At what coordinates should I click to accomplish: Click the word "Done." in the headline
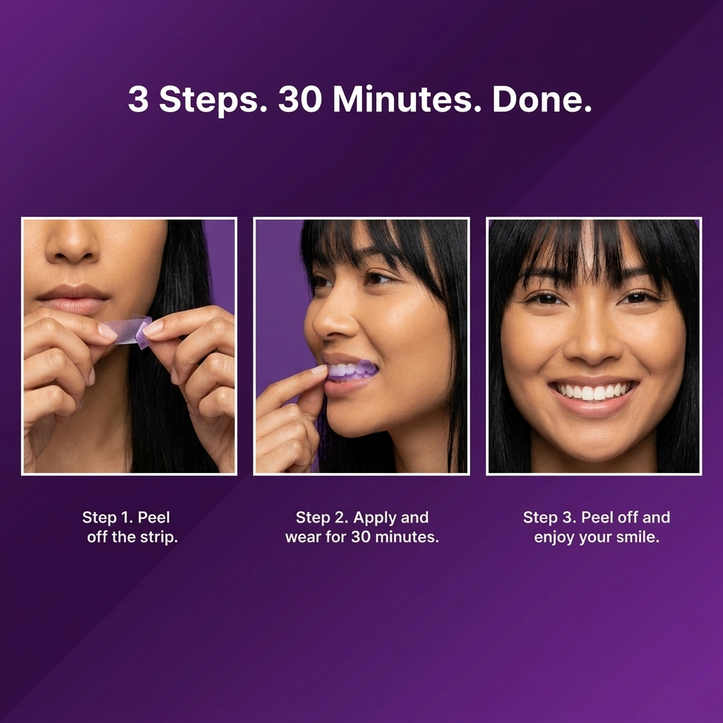(542, 99)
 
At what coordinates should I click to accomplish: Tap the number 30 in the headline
(299, 99)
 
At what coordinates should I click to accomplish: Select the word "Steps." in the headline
(213, 100)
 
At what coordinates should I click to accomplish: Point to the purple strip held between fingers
(126, 330)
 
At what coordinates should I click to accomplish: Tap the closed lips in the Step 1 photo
(73, 298)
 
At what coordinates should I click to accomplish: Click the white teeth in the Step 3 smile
(593, 391)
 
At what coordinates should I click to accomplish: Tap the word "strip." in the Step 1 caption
(159, 537)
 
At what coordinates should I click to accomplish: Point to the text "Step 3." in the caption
(549, 518)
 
